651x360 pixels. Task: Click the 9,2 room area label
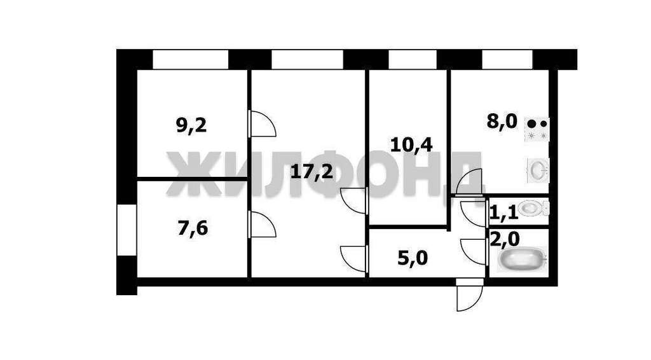click(x=191, y=125)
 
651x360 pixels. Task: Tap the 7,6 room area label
click(x=193, y=228)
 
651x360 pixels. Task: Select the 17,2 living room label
click(x=312, y=171)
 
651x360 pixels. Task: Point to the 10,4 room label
click(x=411, y=145)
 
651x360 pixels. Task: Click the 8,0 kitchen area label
click(x=502, y=122)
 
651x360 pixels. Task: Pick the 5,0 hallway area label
click(x=413, y=259)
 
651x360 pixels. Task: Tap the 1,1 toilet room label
click(x=504, y=213)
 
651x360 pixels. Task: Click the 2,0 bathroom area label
click(x=504, y=240)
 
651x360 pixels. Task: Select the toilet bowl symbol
click(x=534, y=208)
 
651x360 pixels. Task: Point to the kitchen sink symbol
click(x=538, y=170)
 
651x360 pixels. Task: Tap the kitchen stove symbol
click(x=537, y=130)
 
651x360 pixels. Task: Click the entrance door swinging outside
click(x=470, y=295)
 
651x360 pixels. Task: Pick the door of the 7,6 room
click(x=262, y=225)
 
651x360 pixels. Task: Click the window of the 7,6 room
click(x=127, y=230)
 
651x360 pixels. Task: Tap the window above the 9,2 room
click(x=191, y=59)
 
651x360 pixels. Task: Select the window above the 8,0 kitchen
click(x=507, y=59)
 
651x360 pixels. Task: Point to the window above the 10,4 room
click(x=412, y=59)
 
